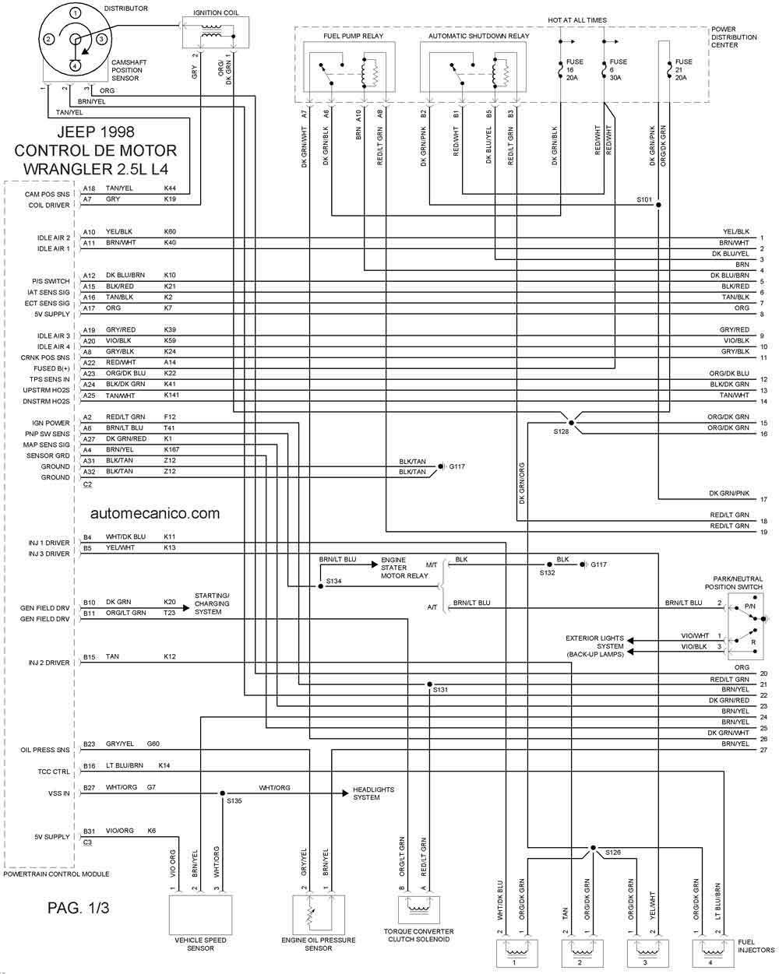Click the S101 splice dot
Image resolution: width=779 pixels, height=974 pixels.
point(658,205)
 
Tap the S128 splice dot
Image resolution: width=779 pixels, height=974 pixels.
point(571,423)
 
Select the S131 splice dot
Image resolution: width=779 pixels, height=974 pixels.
point(429,684)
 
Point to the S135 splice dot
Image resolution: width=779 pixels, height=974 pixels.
point(222,793)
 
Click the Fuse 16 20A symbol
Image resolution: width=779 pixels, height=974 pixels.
point(561,70)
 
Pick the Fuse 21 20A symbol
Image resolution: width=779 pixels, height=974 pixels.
point(669,70)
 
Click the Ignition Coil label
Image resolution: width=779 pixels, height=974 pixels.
point(216,12)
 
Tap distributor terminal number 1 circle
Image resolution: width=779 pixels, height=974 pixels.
point(76,13)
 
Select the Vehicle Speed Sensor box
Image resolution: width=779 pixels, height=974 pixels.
point(200,915)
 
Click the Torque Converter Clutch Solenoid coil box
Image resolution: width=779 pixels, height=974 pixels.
point(418,909)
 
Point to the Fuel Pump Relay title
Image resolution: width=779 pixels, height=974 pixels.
point(353,36)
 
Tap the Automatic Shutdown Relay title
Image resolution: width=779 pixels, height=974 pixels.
point(479,36)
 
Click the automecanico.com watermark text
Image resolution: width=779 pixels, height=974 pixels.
point(155,513)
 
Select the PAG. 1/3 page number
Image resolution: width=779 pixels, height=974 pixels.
point(79,908)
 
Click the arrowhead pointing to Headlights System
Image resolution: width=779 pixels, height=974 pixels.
point(345,793)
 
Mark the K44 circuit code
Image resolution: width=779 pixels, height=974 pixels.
point(170,188)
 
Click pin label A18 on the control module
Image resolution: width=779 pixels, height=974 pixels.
point(90,188)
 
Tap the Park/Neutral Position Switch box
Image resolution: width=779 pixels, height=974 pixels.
point(745,626)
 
